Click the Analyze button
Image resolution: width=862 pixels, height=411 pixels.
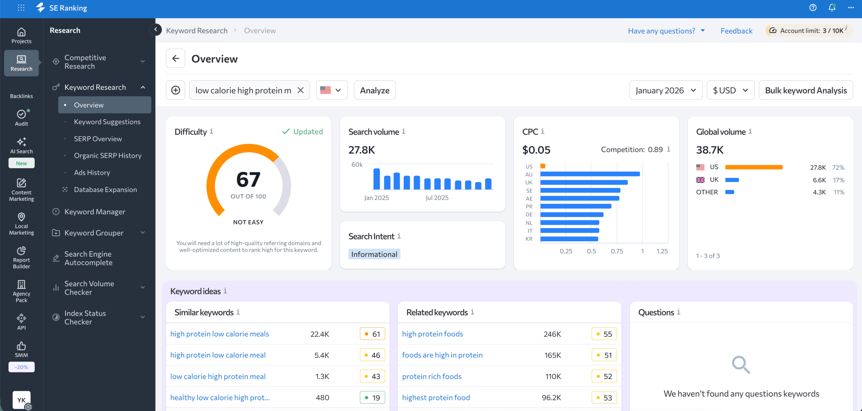(374, 90)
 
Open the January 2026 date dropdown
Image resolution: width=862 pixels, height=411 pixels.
(665, 90)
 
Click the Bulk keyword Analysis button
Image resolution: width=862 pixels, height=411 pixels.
(805, 90)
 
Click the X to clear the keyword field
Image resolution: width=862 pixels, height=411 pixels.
(300, 90)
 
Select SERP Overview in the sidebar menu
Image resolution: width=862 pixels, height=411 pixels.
(98, 139)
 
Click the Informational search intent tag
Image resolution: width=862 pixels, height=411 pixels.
(374, 254)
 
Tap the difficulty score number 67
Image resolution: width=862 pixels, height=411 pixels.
(248, 180)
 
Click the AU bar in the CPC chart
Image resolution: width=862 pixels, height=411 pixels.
(590, 174)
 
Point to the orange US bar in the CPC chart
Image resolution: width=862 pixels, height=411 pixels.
(543, 166)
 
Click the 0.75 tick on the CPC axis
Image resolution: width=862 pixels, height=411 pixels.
(617, 251)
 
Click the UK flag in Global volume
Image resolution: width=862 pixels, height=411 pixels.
(700, 180)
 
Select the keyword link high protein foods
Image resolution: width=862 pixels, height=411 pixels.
(432, 334)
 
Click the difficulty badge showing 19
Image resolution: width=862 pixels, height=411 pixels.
(372, 398)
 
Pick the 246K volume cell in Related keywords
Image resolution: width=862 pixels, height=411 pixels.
(552, 334)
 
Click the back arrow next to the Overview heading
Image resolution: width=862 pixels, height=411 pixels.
(175, 59)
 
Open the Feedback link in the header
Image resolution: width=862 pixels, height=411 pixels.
(736, 31)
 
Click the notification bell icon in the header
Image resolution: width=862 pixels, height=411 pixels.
(832, 7)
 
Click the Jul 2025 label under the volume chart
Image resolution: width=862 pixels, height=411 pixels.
(437, 198)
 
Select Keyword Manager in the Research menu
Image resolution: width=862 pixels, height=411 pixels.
(95, 212)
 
